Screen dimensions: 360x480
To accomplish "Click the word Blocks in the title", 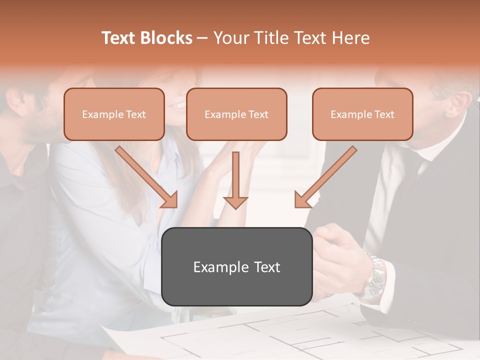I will coord(165,38).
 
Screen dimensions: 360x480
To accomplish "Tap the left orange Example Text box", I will coord(114,114).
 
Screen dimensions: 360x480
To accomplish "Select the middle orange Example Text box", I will coord(236,114).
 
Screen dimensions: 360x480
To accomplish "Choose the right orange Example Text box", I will coord(362,114).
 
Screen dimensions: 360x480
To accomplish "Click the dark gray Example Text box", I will coord(236,267).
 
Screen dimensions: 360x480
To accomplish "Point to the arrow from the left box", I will coord(145,175).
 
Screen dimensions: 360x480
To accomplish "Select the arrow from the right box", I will coord(327,175).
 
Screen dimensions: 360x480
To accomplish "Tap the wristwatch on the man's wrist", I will coord(375,283).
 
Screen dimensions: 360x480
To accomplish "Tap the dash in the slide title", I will coord(202,38).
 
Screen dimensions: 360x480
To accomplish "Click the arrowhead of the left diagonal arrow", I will coord(170,200).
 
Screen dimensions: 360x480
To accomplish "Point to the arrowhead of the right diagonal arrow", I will coord(302,200).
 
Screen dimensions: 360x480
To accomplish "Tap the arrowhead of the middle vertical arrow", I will coord(235,202).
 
